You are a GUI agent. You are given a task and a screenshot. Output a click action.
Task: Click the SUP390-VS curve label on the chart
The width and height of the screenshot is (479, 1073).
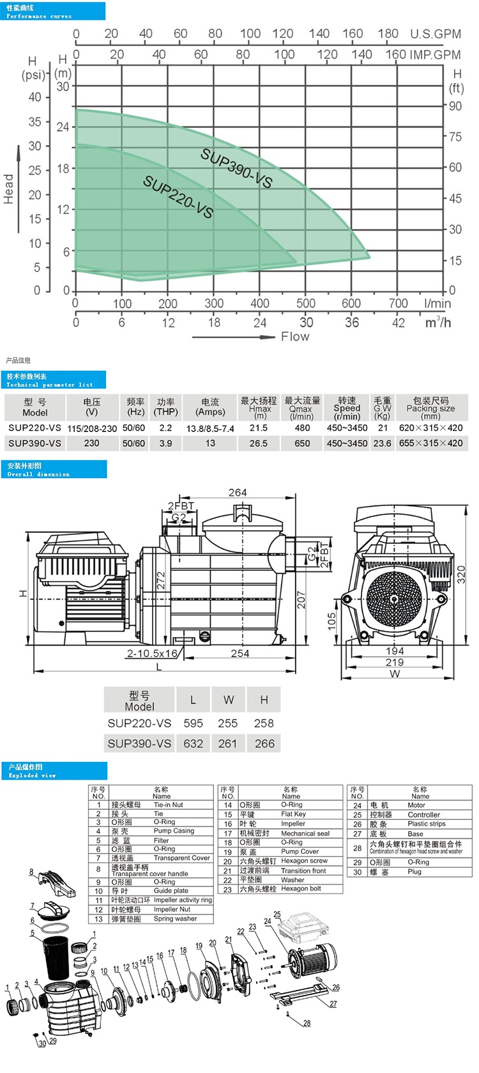(236, 168)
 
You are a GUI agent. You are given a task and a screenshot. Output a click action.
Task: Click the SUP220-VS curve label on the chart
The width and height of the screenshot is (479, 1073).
(178, 196)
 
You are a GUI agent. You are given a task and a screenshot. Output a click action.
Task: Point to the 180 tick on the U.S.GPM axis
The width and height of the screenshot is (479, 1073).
(388, 34)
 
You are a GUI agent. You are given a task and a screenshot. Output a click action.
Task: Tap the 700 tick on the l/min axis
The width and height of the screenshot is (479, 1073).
(398, 303)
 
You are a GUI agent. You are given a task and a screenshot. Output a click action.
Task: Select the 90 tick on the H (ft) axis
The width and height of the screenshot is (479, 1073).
(455, 106)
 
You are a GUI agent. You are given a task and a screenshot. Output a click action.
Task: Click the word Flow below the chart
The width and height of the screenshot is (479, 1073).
(295, 337)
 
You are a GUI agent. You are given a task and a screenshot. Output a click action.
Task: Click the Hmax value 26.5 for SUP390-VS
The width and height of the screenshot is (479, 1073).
(259, 443)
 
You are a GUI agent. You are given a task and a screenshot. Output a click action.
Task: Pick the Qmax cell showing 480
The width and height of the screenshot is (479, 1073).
(302, 428)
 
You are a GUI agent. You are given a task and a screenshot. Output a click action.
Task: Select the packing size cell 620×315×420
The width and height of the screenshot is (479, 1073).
(430, 428)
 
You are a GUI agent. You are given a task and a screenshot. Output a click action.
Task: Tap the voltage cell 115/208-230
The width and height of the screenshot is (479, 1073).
(92, 428)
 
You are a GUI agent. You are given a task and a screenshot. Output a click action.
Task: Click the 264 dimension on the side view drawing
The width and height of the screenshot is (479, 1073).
(238, 492)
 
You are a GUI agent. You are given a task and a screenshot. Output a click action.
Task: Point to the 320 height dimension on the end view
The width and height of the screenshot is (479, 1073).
(461, 574)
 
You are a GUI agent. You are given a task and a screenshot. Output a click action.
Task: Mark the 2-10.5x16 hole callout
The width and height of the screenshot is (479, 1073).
(152, 653)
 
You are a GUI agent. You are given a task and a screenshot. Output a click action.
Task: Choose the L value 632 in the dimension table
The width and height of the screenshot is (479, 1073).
(193, 743)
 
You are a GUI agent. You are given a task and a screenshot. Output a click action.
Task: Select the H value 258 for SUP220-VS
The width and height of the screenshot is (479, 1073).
(264, 723)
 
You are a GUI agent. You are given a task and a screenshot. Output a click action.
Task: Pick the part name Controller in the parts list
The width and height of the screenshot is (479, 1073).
(424, 815)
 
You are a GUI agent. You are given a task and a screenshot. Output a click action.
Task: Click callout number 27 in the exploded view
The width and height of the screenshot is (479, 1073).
(333, 1004)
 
